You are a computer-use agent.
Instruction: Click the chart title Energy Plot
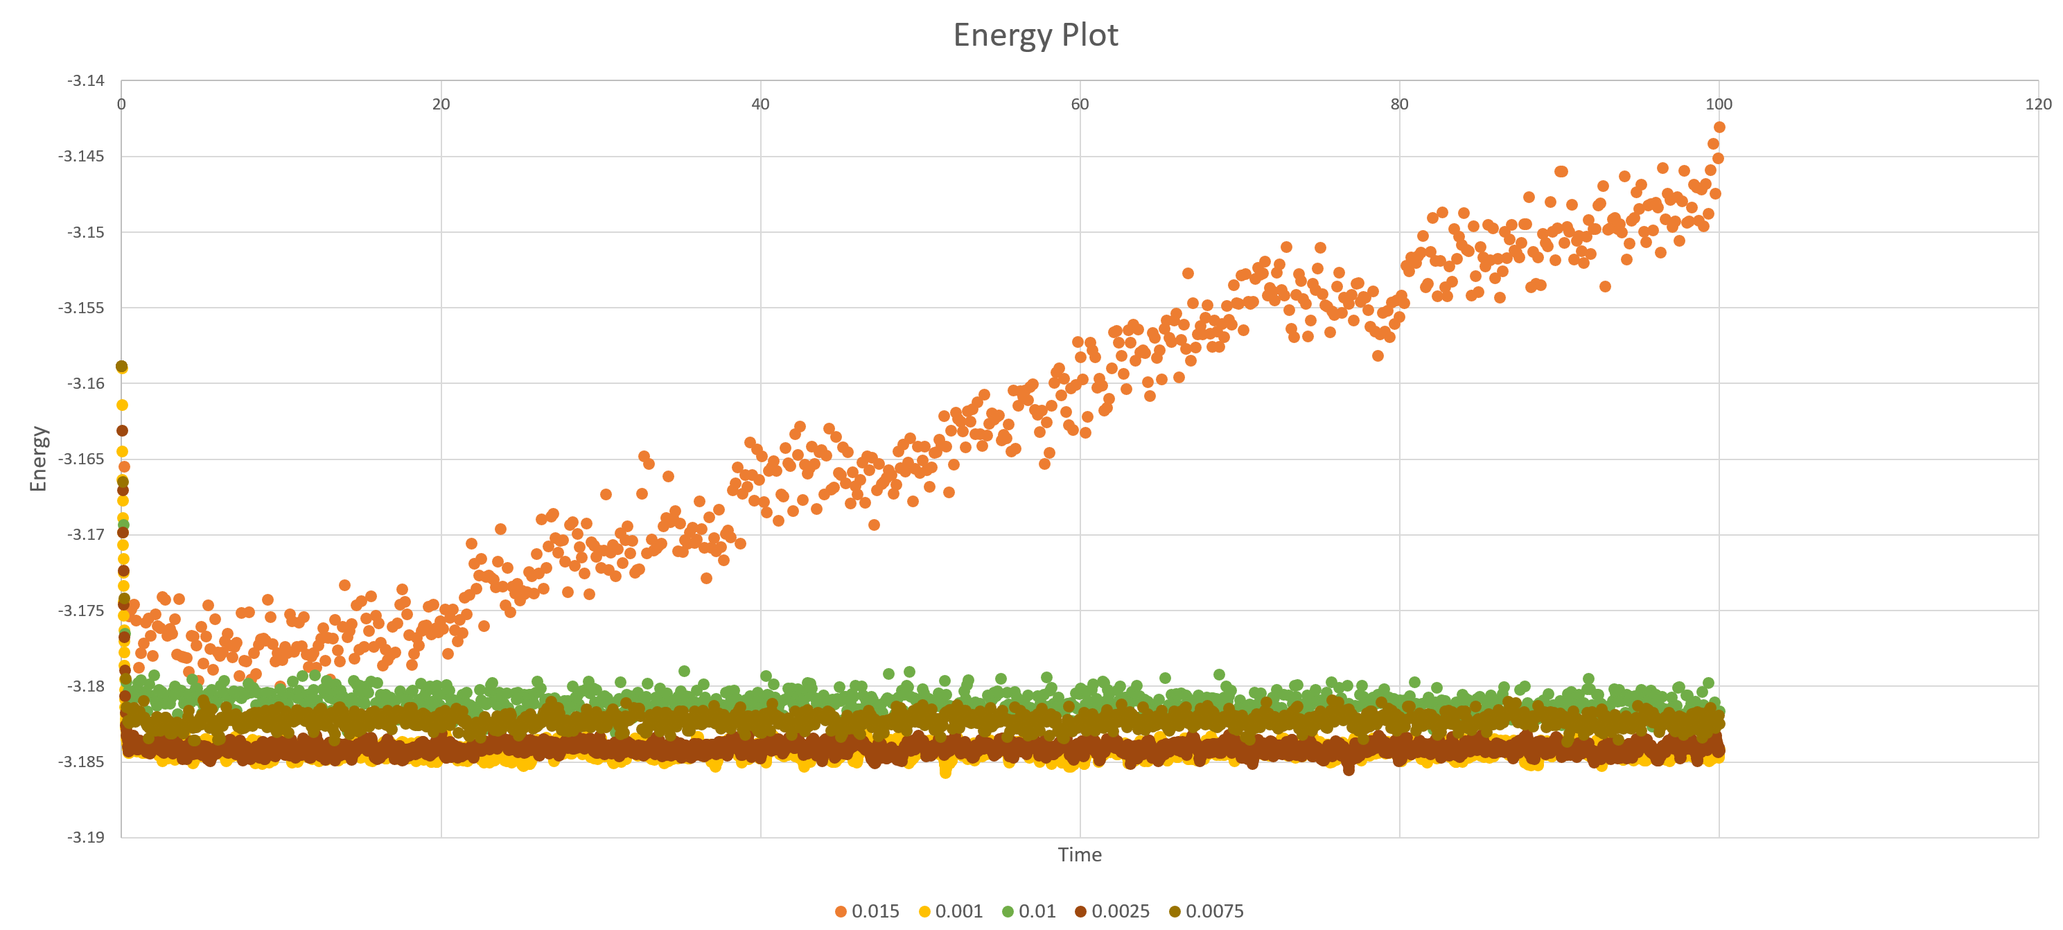pos(1035,35)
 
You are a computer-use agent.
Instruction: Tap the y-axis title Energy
pos(38,458)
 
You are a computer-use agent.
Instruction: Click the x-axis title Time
pos(1079,854)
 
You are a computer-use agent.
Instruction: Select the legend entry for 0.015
pos(868,911)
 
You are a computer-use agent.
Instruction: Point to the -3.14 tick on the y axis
pos(86,80)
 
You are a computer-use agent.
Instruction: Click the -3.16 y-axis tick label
pos(86,383)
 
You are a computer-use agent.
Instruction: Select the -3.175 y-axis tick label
pos(81,611)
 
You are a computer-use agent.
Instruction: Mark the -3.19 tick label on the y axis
pos(86,837)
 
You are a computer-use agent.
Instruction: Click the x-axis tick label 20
pos(441,104)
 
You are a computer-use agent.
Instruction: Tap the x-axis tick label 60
pos(1080,104)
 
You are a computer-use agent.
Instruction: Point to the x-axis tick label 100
pos(1719,104)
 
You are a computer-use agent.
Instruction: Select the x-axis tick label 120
pos(2038,104)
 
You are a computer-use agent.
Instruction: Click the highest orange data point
pos(1719,127)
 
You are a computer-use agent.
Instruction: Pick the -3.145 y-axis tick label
pos(81,156)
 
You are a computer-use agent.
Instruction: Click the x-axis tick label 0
pos(122,104)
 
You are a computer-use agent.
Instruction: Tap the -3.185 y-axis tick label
pos(81,762)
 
